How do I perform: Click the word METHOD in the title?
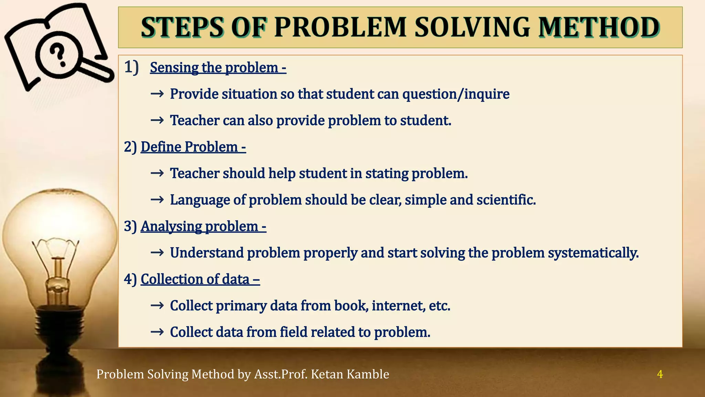point(599,28)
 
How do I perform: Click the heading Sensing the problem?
point(218,68)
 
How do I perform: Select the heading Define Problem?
point(193,147)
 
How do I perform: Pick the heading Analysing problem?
point(203,226)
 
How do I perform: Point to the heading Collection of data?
point(200,279)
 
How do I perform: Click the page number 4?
point(660,374)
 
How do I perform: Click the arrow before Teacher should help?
point(157,173)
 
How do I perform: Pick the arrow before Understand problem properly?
point(157,253)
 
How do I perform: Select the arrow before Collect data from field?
point(157,332)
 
